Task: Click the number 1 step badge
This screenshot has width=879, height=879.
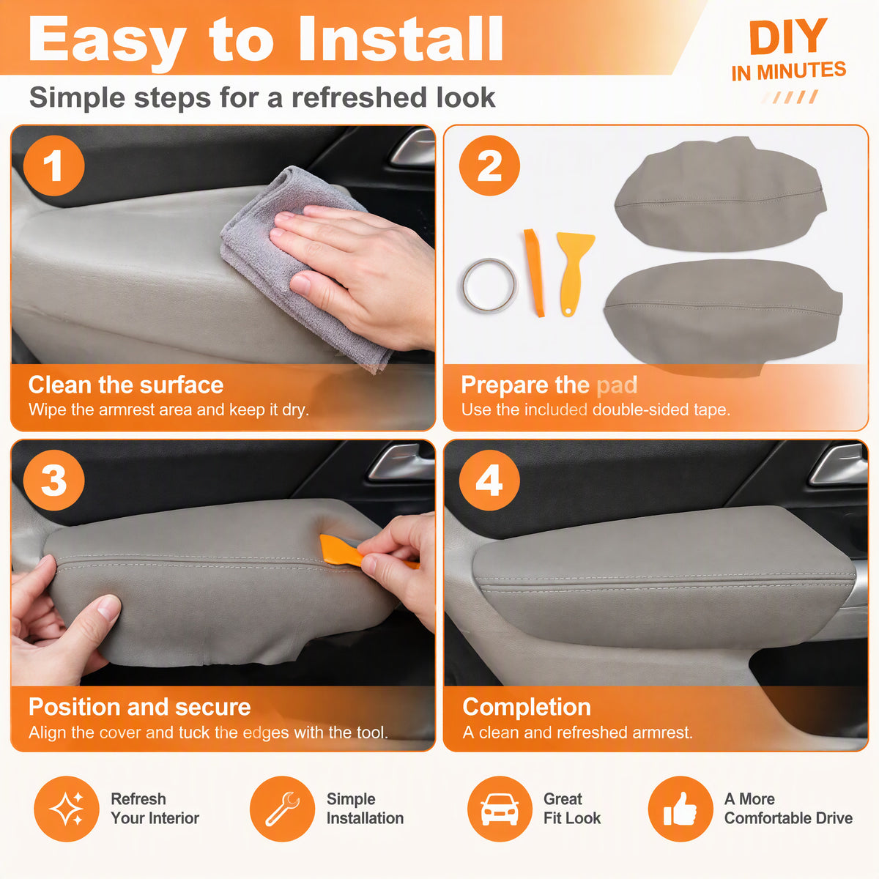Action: [53, 166]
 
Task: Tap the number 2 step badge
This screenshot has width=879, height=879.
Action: [489, 166]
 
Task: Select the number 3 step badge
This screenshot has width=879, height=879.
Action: [53, 481]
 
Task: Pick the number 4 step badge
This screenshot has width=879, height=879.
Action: [489, 481]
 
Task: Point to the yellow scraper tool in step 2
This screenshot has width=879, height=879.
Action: [574, 269]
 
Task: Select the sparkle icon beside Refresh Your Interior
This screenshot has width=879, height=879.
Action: [67, 809]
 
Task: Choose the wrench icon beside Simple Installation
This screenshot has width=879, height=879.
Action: [282, 809]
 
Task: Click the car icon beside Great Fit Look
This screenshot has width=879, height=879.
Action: [500, 809]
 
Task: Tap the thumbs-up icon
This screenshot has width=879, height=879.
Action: [680, 809]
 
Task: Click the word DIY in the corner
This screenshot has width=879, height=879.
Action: [788, 37]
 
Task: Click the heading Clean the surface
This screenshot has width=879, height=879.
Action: [126, 385]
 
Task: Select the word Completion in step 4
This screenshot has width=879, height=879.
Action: [527, 707]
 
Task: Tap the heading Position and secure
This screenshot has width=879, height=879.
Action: [140, 707]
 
